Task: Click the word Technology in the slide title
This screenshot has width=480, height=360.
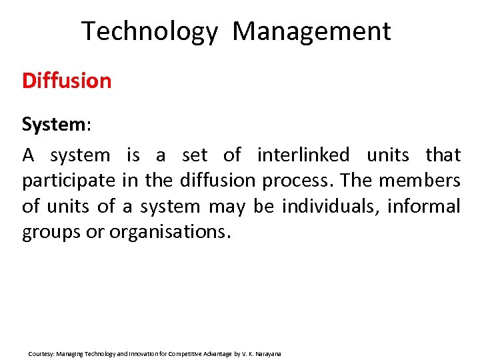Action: coord(149,31)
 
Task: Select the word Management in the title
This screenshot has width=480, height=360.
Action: coord(312,31)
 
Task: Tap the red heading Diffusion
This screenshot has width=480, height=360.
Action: coord(67,81)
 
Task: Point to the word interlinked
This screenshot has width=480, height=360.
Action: coord(303,155)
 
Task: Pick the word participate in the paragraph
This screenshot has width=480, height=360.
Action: coord(69,181)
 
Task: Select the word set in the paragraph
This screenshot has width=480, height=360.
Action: coord(195,155)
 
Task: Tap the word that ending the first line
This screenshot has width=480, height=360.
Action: coord(443,155)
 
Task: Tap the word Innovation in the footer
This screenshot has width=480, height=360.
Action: coord(133,353)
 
